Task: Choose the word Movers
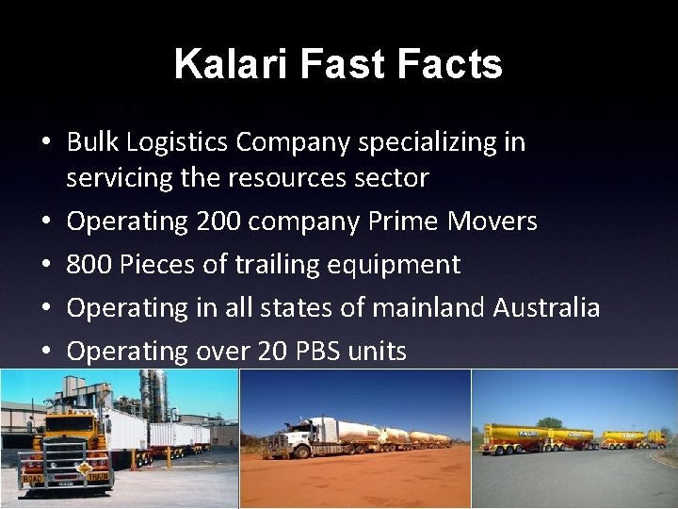[x=493, y=222]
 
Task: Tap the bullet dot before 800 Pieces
[x=45, y=265]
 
